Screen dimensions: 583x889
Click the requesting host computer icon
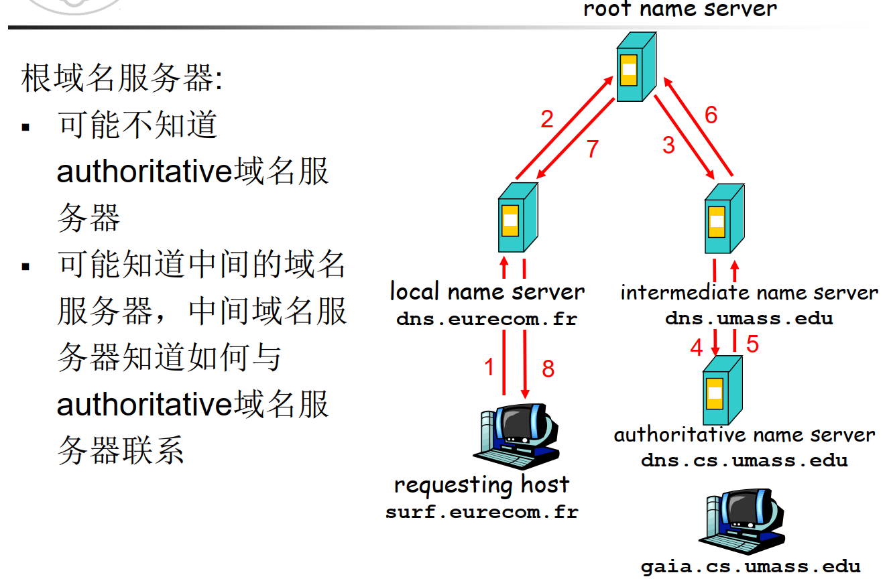click(516, 436)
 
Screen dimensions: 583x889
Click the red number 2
click(547, 119)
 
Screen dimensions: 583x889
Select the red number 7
click(591, 149)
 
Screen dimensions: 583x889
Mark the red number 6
click(711, 115)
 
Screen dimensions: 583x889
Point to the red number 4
click(697, 348)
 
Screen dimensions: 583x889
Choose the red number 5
click(752, 344)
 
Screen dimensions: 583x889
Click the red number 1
click(489, 367)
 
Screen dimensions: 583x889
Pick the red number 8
click(548, 369)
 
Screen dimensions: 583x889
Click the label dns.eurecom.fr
click(486, 319)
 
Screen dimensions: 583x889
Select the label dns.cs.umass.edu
click(744, 461)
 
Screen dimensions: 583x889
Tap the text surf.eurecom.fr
click(481, 513)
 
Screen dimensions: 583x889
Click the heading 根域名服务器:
click(121, 79)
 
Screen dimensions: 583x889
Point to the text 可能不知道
click(137, 125)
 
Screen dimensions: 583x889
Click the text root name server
click(680, 9)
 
